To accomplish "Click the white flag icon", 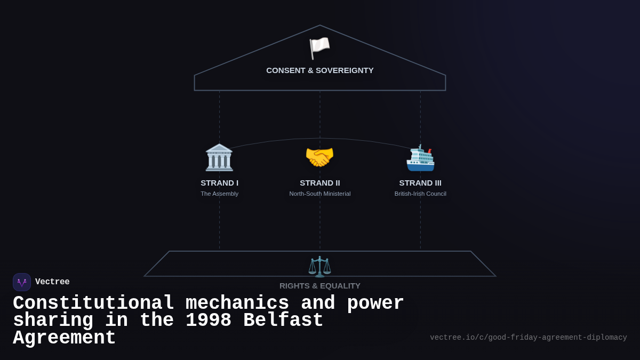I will [319, 48].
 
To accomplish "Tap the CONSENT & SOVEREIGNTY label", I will [320, 70].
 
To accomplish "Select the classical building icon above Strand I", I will [219, 157].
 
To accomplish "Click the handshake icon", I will [319, 157].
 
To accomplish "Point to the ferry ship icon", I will [420, 158].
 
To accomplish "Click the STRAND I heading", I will [219, 183].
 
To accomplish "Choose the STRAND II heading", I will [320, 183].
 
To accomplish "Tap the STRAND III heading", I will [420, 183].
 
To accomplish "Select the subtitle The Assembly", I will [219, 194].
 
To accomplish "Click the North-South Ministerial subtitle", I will [320, 194].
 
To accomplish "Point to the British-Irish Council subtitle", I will [420, 194].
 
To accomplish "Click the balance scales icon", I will [319, 267].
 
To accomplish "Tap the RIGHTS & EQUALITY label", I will [320, 286].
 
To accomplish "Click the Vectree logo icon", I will [22, 282].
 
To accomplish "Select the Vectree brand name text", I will [52, 282].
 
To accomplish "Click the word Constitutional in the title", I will [94, 303].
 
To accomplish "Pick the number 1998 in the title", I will [209, 321].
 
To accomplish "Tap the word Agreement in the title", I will [65, 338].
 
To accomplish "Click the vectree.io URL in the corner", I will [528, 338].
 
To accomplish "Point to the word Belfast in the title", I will [283, 321].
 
